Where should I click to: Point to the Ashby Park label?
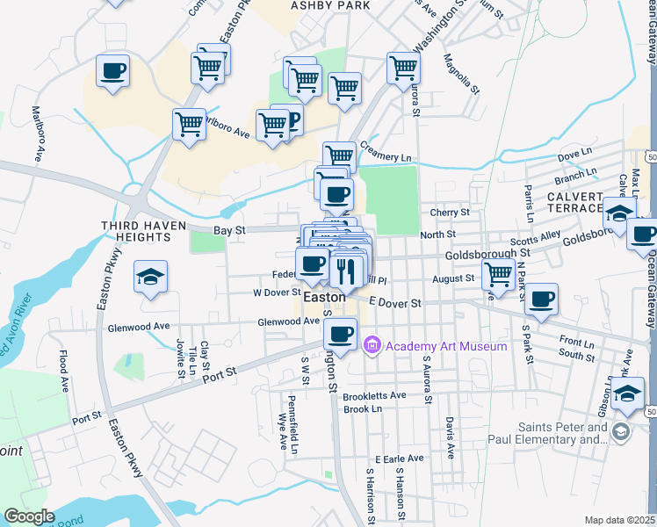330,5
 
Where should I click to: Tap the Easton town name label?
323,298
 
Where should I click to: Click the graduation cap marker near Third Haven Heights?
150,278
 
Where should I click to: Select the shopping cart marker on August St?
498,274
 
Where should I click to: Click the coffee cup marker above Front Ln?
542,300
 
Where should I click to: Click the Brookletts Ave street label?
375,395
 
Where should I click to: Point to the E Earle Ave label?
400,458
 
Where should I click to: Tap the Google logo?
29,516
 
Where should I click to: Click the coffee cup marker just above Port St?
340,334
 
